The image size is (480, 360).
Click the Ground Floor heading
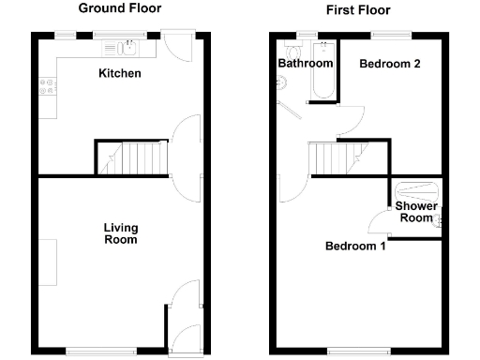pyautogui.click(x=119, y=8)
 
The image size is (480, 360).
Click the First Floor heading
pyautogui.click(x=357, y=10)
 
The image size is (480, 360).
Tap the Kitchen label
pyautogui.click(x=120, y=73)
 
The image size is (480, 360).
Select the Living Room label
pyautogui.click(x=120, y=233)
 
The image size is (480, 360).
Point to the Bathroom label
pyautogui.click(x=306, y=64)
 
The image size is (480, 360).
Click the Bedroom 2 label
pyautogui.click(x=389, y=64)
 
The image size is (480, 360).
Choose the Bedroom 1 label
pyautogui.click(x=355, y=247)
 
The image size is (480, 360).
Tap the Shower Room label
pyautogui.click(x=413, y=212)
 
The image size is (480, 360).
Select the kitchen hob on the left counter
pyautogui.click(x=46, y=89)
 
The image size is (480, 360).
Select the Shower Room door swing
pyautogui.click(x=379, y=223)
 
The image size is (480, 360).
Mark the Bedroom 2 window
pyautogui.click(x=383, y=36)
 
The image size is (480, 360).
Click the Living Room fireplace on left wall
pyautogui.click(x=46, y=262)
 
